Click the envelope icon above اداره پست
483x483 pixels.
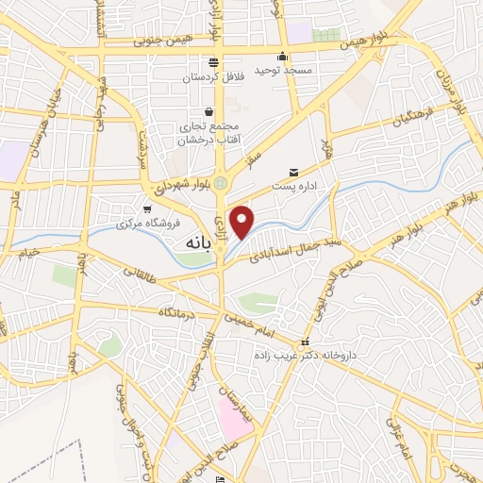click(295, 173)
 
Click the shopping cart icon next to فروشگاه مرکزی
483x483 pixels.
click(146, 209)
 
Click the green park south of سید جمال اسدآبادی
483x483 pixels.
click(258, 304)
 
